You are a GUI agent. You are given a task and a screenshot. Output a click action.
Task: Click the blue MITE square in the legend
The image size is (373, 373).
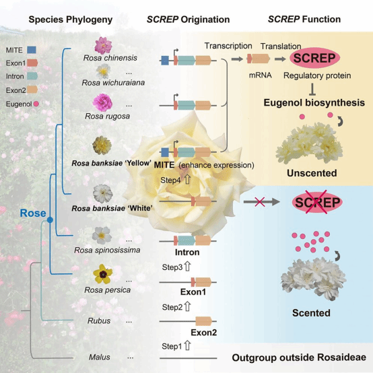tap(32, 50)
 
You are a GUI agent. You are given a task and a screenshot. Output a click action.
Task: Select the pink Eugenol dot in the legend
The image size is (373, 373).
tap(36, 104)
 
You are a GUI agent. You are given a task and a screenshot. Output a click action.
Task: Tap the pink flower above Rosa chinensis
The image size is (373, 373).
tap(103, 45)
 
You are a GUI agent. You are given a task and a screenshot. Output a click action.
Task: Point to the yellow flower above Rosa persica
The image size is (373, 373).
tap(103, 274)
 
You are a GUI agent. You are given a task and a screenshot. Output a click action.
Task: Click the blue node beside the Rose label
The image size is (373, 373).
tap(50, 219)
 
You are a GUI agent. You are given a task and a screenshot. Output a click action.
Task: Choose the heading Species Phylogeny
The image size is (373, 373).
tap(71, 20)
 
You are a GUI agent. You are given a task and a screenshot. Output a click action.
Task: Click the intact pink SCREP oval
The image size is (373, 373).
tap(314, 58)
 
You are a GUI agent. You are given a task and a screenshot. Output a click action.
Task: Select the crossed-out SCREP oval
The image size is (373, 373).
tap(317, 202)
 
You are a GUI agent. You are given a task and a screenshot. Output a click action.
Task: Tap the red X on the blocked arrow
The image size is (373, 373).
tap(259, 202)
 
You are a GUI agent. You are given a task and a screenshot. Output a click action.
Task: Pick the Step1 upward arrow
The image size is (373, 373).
tap(187, 345)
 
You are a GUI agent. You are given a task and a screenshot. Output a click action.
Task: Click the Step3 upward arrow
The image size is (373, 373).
tap(187, 267)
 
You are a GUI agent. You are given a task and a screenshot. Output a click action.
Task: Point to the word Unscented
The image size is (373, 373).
tap(312, 173)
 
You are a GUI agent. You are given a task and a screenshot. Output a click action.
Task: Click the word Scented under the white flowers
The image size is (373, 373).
tap(311, 313)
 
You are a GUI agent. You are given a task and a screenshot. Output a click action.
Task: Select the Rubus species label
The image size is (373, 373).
tap(99, 320)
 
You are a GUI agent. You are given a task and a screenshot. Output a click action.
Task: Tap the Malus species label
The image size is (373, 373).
tap(100, 357)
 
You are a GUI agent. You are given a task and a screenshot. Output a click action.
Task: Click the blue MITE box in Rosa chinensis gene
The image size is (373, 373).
tap(165, 61)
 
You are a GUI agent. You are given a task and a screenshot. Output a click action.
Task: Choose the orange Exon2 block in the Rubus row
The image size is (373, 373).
tap(203, 321)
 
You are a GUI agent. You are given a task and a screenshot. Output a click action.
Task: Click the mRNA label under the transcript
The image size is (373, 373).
tap(261, 75)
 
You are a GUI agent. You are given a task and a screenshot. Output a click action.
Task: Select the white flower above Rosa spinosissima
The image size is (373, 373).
tap(102, 236)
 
